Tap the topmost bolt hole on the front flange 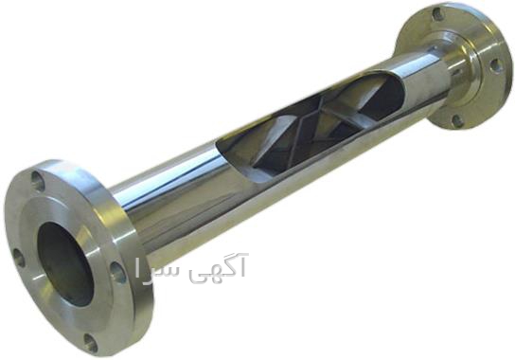coord(38,180)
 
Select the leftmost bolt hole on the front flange coord(19,258)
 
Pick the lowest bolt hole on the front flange coord(91,342)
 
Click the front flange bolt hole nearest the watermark coord(118,272)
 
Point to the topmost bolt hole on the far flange coord(437,13)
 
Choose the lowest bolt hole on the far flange coord(457,120)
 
